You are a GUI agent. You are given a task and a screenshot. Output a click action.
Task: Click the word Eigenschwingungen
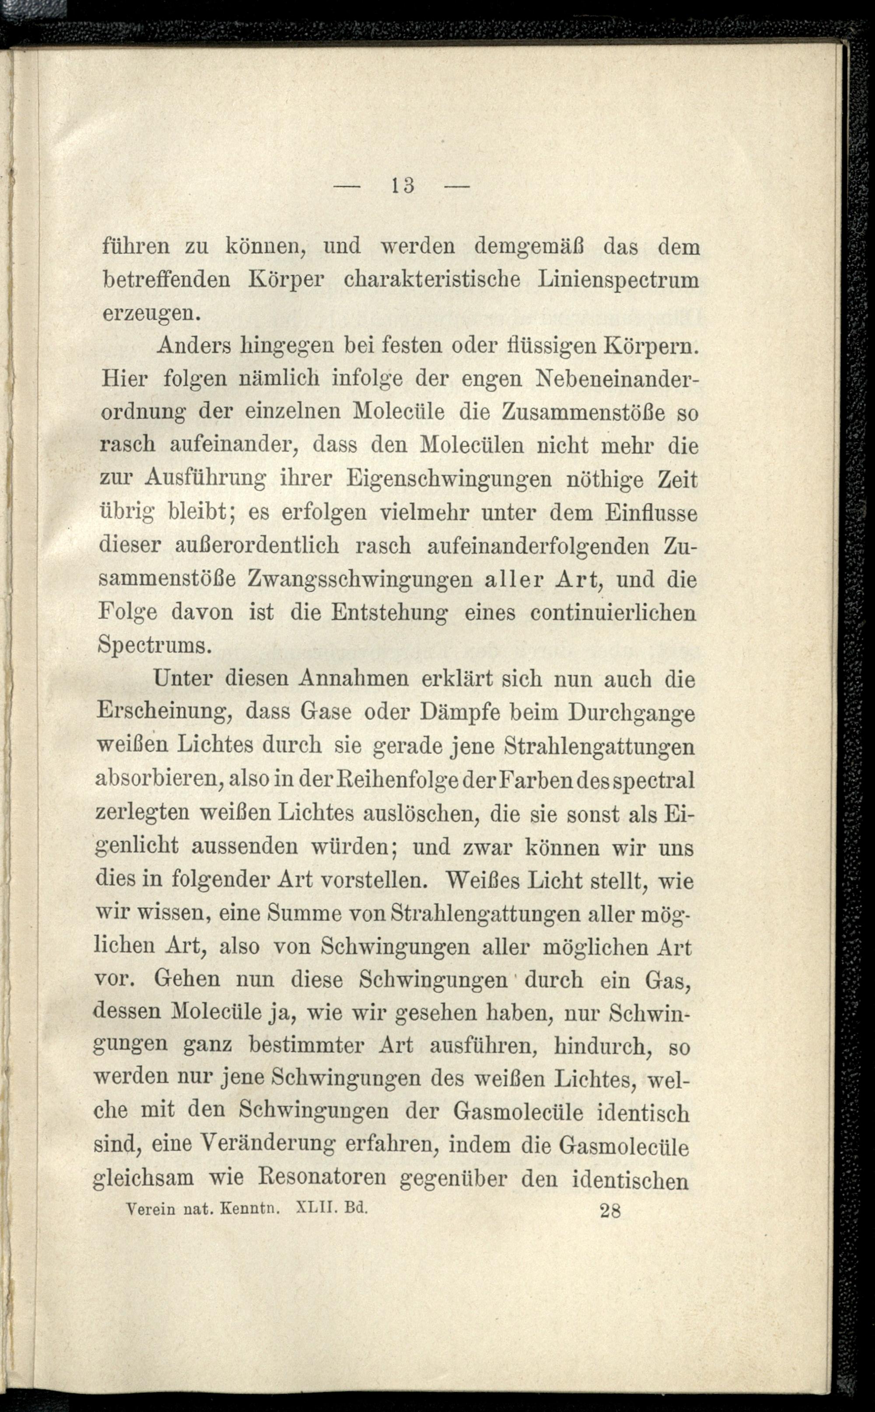click(x=449, y=480)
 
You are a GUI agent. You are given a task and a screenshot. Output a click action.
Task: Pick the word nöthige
click(x=616, y=480)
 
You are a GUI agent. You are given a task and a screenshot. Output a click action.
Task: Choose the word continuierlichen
click(x=613, y=613)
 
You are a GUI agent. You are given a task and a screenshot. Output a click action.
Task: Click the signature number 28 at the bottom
click(x=610, y=1211)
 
